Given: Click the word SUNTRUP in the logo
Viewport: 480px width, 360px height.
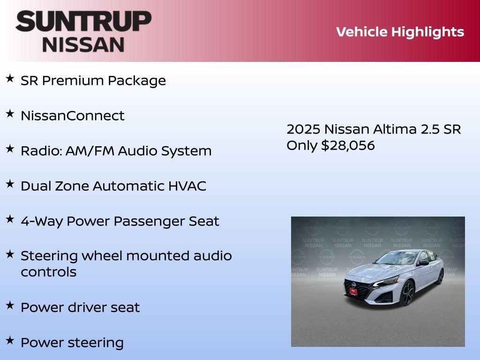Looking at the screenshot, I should (83, 21).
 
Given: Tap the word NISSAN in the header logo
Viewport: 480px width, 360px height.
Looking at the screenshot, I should (83, 44).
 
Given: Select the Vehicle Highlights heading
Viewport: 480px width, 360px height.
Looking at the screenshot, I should (400, 32).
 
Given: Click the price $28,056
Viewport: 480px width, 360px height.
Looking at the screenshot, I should (348, 145).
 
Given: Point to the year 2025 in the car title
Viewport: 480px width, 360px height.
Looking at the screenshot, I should (303, 129).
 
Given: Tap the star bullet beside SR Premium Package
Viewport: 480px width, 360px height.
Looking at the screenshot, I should (10, 78).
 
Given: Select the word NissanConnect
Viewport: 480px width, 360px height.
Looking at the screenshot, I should (72, 116).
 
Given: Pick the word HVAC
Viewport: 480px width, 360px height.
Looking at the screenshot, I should (187, 186).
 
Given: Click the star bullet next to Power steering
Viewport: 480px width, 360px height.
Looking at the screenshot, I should (10, 340).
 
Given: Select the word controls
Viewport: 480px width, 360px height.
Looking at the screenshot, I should (48, 272).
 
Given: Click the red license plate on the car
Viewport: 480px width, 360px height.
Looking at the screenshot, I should (353, 292).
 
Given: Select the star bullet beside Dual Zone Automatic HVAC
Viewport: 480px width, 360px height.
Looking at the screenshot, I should (10, 184).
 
